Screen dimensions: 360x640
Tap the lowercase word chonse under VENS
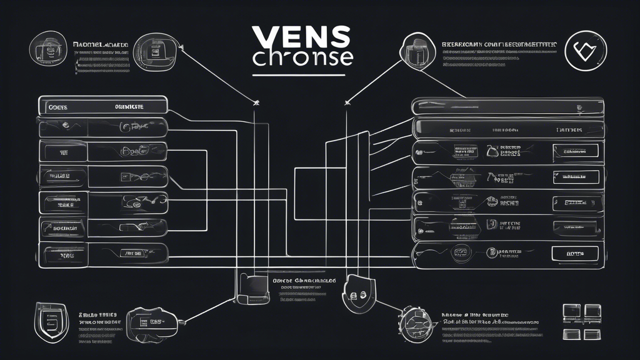tap(302, 57)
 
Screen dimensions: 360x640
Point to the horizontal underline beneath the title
tap(299, 76)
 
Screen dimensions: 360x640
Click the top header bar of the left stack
tap(102, 106)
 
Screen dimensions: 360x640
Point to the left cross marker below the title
tap(255, 102)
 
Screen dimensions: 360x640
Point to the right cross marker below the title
tap(346, 102)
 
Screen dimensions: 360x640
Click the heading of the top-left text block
tap(100, 45)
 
